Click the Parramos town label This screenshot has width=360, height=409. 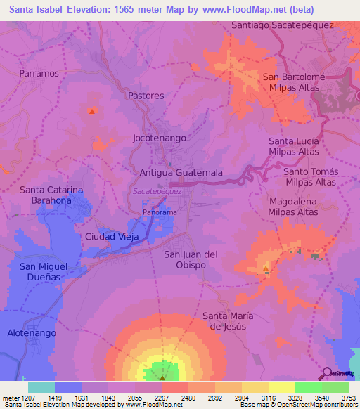[39, 73]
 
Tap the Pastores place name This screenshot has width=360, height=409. [146, 96]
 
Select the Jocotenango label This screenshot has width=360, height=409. [160, 138]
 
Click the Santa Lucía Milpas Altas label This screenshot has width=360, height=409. [294, 147]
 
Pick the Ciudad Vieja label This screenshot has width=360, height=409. [112, 236]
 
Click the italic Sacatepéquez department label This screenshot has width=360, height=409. [157, 191]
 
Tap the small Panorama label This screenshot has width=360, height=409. [160, 212]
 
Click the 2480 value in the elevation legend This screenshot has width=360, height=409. [188, 398]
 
